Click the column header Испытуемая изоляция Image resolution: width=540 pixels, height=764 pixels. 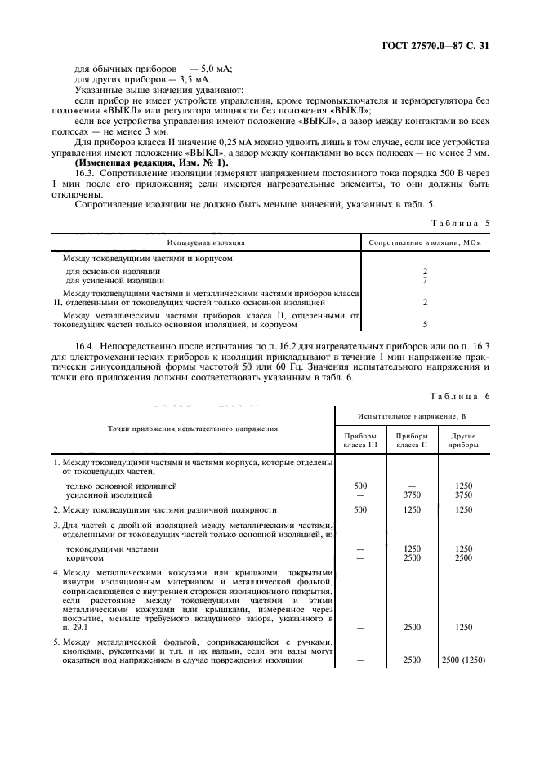[206, 242]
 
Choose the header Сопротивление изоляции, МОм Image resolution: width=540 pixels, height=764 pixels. [425, 242]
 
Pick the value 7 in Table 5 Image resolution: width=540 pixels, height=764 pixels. [426, 280]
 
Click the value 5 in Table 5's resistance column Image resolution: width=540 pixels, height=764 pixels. [426, 323]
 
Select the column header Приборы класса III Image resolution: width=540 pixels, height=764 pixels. [360, 441]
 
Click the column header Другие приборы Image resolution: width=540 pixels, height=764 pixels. [463, 441]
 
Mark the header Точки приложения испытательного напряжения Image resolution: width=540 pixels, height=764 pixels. [193, 428]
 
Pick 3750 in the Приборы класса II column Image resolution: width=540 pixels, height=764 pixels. [412, 495]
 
